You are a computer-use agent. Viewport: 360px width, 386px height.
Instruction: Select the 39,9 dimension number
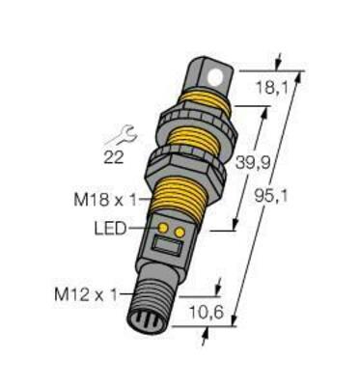point(253,163)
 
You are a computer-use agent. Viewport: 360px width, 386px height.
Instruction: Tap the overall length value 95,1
point(271,196)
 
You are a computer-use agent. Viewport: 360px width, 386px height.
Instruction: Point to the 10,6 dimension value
point(207,313)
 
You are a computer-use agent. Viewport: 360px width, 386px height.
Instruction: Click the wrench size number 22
point(114,157)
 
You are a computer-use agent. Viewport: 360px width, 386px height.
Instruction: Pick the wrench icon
point(122,135)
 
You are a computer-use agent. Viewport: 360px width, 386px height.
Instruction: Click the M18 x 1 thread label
point(105,201)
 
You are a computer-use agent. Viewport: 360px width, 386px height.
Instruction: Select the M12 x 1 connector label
point(86,295)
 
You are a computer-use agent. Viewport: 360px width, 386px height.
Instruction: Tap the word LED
point(110,229)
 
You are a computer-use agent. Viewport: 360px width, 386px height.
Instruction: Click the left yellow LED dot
point(164,228)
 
